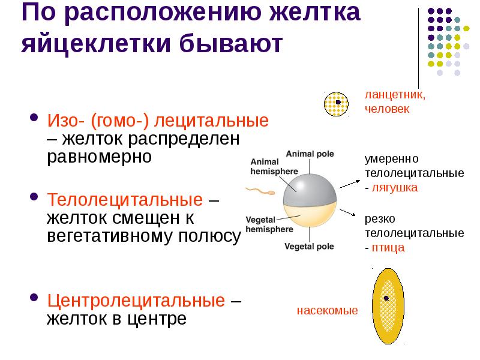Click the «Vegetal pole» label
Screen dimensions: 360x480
[309, 247]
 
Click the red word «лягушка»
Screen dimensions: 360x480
[395, 187]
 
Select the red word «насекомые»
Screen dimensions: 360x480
[327, 311]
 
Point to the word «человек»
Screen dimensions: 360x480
[386, 109]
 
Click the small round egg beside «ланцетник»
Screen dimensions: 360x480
[337, 103]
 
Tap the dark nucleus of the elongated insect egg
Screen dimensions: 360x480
[386, 298]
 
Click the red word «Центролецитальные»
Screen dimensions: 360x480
[136, 300]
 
